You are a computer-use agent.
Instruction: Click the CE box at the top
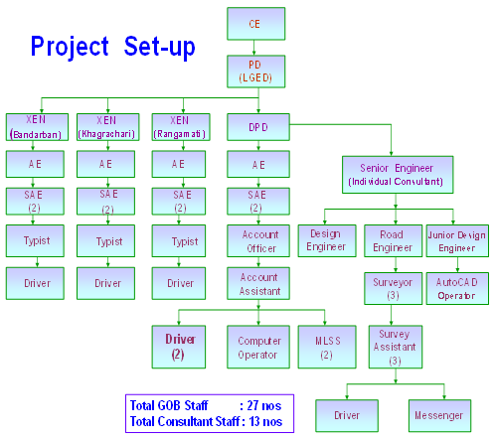click(255, 24)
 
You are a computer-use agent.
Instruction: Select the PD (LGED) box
click(255, 72)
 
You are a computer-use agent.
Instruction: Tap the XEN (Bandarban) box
click(37, 127)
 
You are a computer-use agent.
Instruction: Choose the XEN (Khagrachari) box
click(107, 127)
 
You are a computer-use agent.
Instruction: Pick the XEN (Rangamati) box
click(181, 127)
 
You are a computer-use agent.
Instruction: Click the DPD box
click(258, 127)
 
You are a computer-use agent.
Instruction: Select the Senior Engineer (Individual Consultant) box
click(398, 175)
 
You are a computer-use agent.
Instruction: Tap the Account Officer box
click(258, 241)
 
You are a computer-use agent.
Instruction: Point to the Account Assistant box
click(258, 284)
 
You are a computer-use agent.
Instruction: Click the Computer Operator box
click(258, 347)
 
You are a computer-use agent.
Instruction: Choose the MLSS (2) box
click(327, 347)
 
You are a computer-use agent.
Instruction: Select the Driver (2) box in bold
click(179, 347)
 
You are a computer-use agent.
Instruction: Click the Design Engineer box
click(327, 241)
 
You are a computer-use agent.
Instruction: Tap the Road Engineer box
click(393, 241)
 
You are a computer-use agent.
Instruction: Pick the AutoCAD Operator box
click(457, 288)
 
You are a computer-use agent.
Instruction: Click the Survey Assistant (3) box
click(396, 347)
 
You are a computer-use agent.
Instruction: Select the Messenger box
click(439, 416)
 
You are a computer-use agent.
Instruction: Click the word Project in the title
click(70, 48)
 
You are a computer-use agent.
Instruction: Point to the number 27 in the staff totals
click(252, 405)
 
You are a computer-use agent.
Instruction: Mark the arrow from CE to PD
click(254, 48)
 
